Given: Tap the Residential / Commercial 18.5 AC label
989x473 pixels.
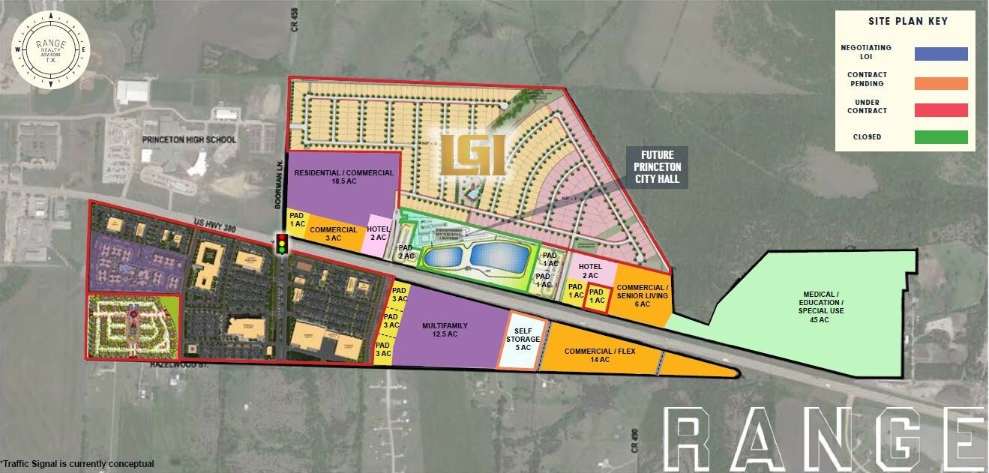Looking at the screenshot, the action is coord(343,177).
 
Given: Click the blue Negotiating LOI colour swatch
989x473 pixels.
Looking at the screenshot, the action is coord(941,53).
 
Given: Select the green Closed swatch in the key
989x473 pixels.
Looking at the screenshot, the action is coord(941,137).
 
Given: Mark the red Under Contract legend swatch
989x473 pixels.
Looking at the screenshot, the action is coord(941,110).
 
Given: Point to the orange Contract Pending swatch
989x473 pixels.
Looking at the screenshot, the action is coord(941,83).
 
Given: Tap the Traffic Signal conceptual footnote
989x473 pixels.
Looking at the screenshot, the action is coord(78,464).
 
